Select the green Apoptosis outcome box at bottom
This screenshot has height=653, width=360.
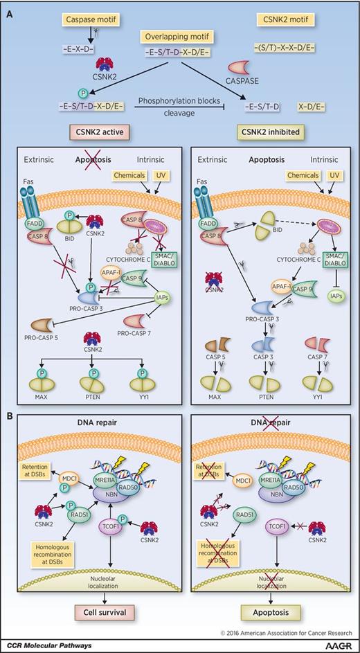(x=265, y=613)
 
